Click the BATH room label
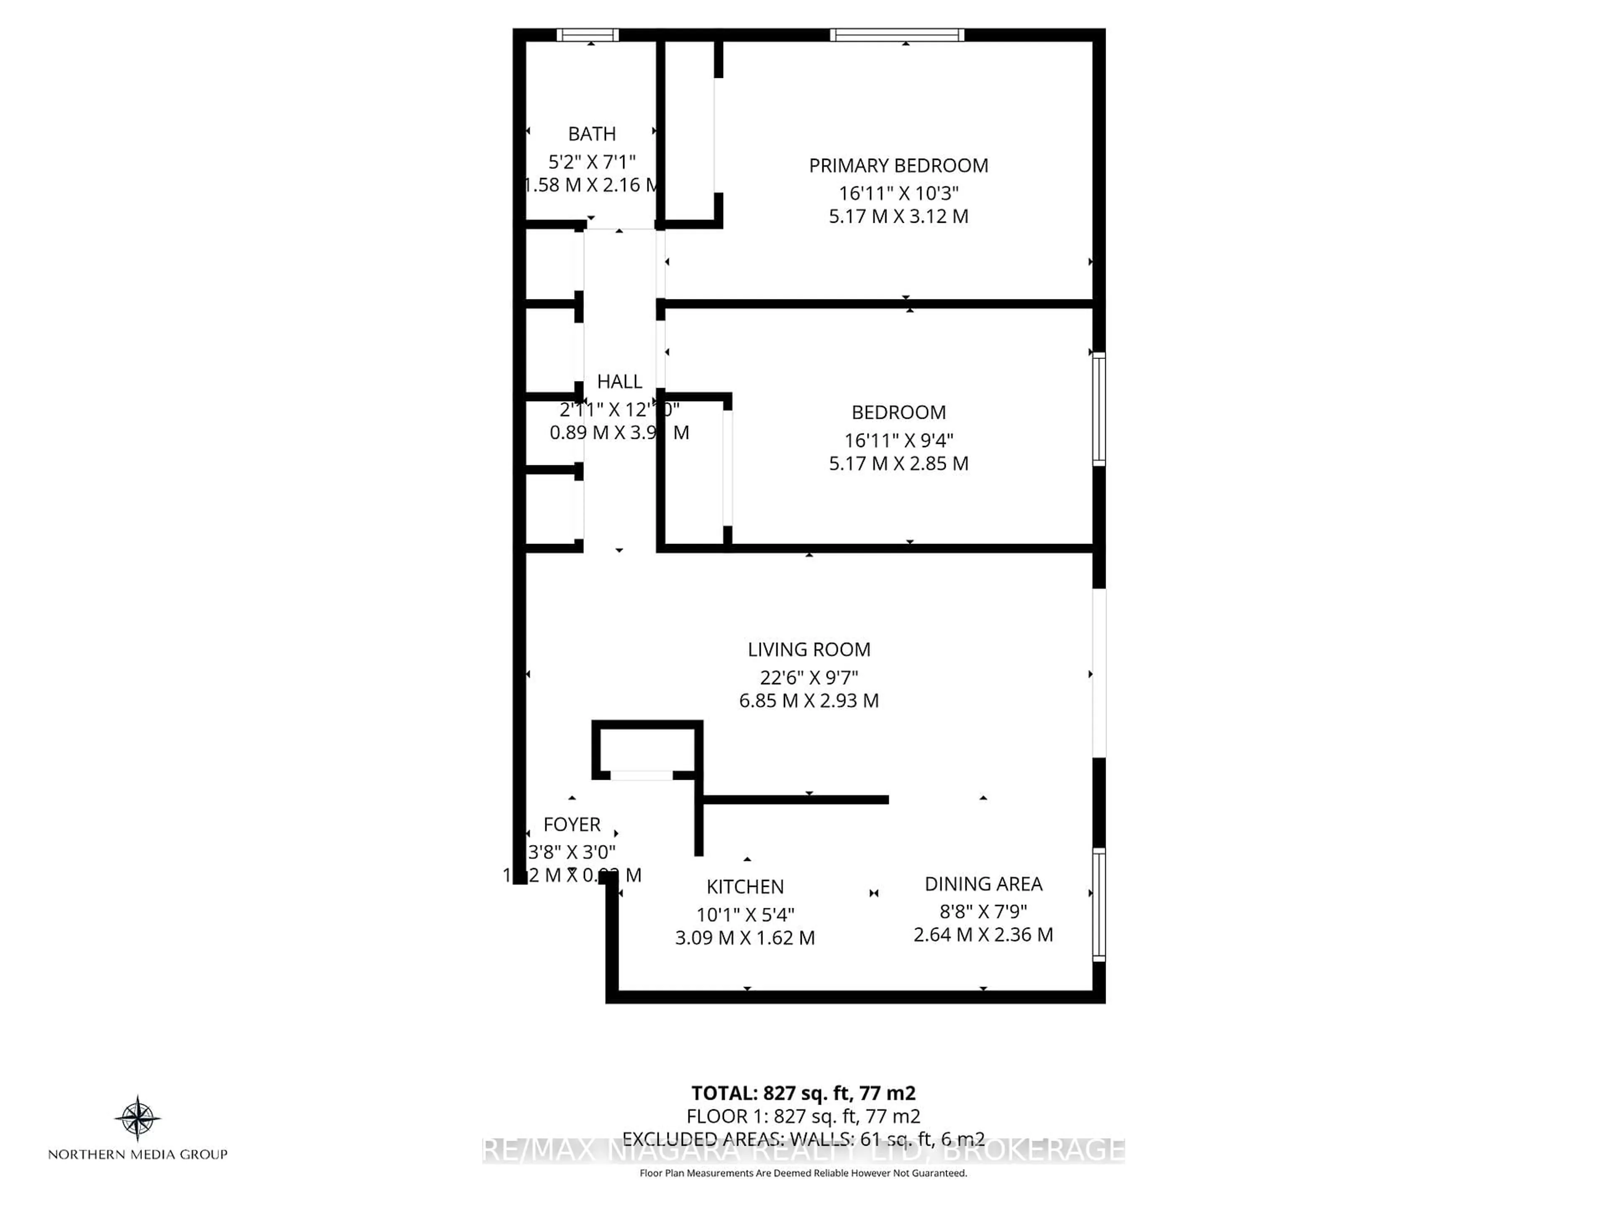click(591, 134)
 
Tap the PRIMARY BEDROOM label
click(898, 166)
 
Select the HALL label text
click(619, 381)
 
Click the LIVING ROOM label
click(809, 649)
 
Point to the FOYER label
click(572, 825)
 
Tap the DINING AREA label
click(983, 884)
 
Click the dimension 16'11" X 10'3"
click(898, 193)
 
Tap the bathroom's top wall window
click(587, 35)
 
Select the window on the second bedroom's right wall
click(1099, 409)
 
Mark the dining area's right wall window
click(1099, 904)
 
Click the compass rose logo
click(137, 1117)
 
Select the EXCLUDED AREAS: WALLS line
click(803, 1139)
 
